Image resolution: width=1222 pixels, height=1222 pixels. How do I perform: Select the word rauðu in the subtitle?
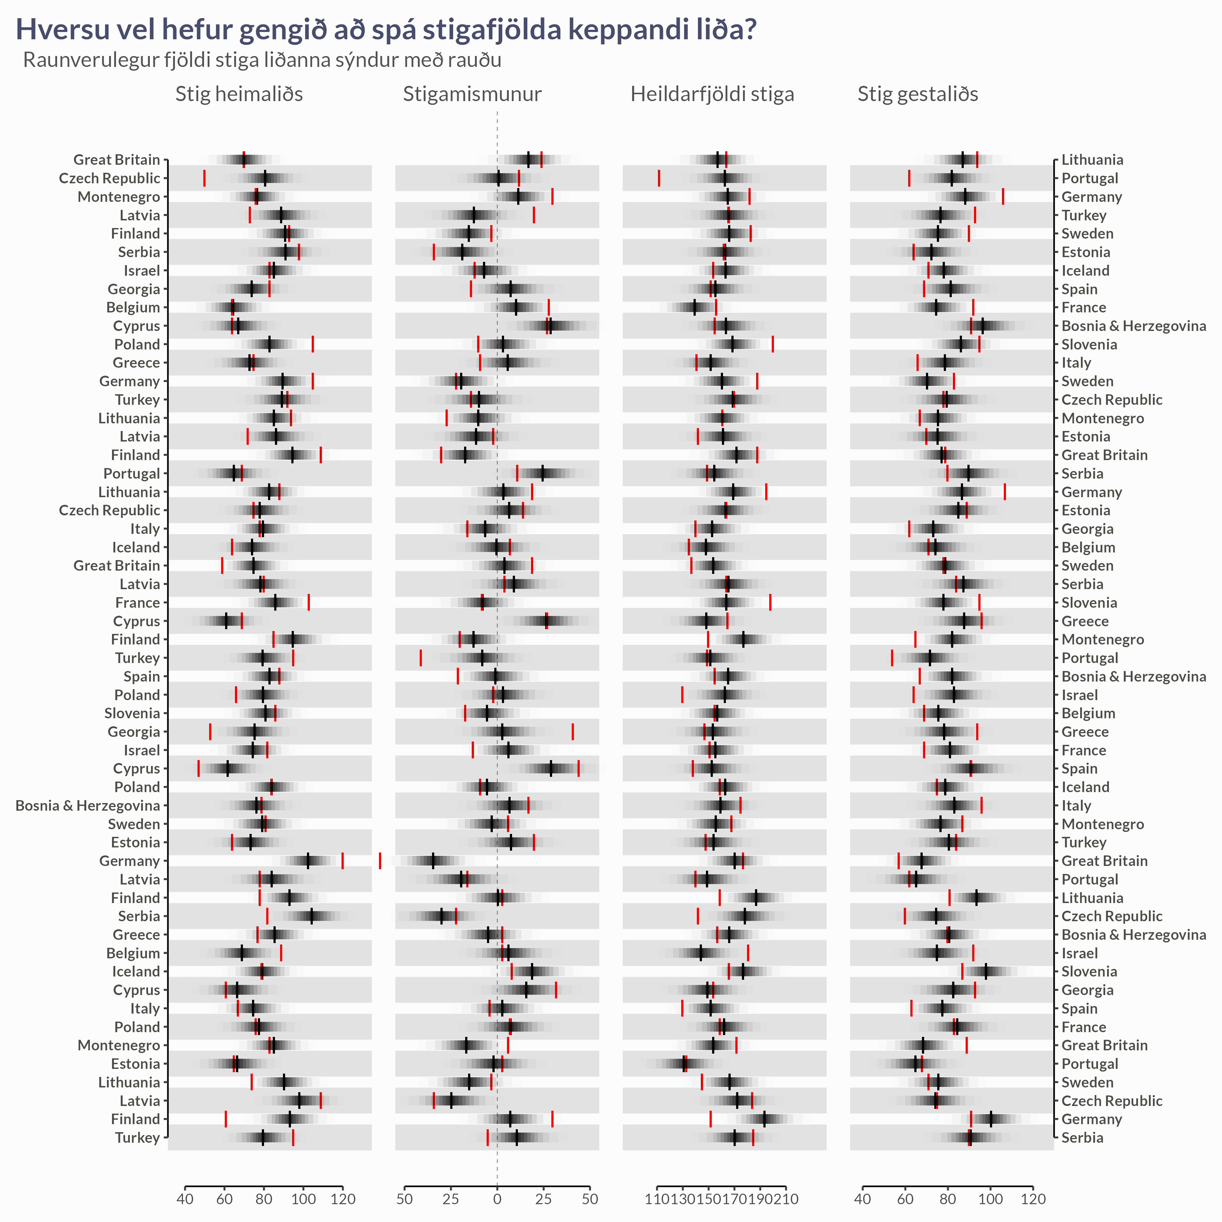(x=474, y=60)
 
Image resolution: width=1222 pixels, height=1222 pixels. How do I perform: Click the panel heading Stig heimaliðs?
(x=239, y=94)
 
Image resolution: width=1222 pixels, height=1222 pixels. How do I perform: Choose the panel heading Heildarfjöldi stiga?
(x=712, y=94)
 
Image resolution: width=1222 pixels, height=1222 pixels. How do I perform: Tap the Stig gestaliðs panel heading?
(x=918, y=94)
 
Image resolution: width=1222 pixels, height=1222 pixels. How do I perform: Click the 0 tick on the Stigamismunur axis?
(x=497, y=1199)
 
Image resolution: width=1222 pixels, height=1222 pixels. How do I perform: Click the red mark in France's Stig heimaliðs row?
(x=309, y=603)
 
